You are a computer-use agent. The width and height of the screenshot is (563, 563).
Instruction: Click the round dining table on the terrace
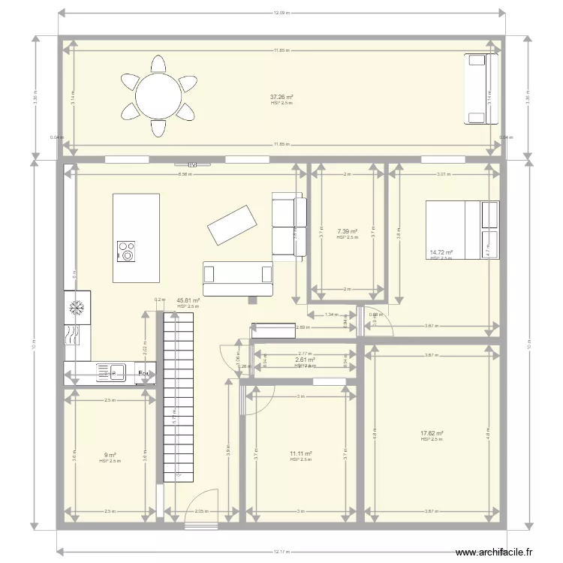tap(158, 95)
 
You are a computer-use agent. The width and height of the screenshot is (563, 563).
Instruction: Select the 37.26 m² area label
tap(281, 98)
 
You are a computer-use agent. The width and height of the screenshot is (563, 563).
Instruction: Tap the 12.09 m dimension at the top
tap(281, 13)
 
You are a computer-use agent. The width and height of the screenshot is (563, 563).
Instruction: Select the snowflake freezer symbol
tap(77, 307)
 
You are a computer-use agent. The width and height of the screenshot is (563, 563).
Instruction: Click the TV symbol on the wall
tap(192, 164)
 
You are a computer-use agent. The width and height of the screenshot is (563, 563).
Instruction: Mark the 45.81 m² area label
tap(188, 300)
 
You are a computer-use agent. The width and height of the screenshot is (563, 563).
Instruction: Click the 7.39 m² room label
tap(347, 232)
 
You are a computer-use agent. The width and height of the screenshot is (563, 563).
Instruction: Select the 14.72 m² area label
tap(441, 254)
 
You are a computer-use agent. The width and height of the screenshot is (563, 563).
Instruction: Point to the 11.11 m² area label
tap(300, 454)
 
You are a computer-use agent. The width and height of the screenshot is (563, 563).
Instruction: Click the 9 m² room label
tap(110, 456)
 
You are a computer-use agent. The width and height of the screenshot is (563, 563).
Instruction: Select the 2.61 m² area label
tap(304, 360)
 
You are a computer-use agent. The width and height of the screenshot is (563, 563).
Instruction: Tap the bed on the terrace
tap(481, 89)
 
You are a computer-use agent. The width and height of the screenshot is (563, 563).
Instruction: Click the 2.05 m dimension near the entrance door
tap(200, 511)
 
